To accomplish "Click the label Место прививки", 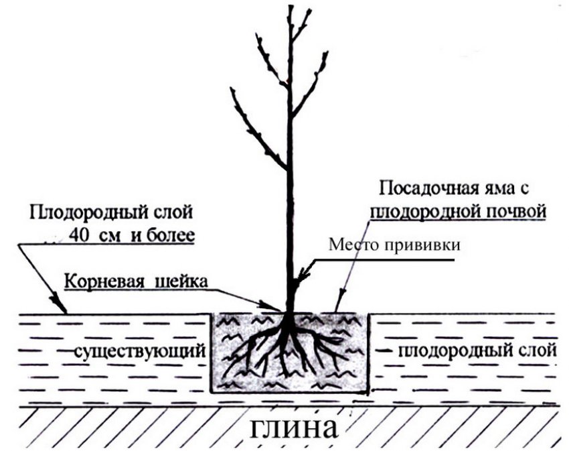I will coord(395,245).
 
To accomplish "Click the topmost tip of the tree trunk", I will coord(290,7).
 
